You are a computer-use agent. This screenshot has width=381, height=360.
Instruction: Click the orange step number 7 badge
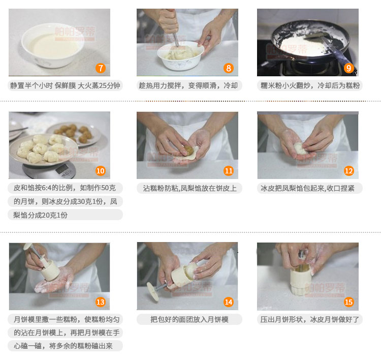101,68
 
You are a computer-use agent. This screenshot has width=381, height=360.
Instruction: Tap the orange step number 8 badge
229,68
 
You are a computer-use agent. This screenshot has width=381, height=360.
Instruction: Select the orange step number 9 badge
348,68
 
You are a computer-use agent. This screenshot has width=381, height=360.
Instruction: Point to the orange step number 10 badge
101,171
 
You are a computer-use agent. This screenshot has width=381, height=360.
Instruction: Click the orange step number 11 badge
229,171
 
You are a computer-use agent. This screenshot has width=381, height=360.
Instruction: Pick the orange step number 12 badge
348,171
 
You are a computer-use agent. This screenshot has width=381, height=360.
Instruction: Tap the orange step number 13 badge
101,302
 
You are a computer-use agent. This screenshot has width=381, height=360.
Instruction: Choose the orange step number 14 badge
229,302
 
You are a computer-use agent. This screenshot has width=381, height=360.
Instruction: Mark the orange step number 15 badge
348,302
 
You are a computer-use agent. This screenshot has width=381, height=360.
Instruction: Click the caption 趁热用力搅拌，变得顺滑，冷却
188,85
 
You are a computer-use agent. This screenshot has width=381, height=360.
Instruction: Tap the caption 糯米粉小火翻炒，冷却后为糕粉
310,85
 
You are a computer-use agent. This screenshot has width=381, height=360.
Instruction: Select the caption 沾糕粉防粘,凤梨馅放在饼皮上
189,188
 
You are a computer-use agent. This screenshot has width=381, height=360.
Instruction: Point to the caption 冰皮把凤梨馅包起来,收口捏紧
307,188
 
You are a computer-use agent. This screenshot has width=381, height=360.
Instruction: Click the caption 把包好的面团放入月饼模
189,319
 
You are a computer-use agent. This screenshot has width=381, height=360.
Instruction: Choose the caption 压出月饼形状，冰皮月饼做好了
309,319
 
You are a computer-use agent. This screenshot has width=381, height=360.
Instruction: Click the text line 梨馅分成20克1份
40,215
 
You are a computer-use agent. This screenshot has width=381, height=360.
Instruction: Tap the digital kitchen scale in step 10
50,170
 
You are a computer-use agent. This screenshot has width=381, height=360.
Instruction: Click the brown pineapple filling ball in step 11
188,151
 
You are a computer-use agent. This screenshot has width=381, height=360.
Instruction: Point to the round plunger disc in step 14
153,292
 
